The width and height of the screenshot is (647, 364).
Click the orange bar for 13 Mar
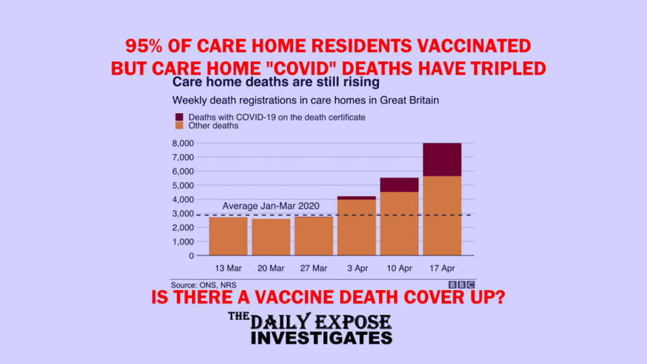[x=228, y=236]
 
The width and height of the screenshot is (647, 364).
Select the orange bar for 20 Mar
[x=271, y=237]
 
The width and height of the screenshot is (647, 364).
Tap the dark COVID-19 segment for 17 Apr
[x=442, y=160]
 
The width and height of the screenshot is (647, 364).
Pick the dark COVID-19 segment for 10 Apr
[x=399, y=185]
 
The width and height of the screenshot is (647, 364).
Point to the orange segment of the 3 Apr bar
[x=356, y=227]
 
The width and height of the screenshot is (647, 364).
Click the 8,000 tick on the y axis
[x=183, y=143]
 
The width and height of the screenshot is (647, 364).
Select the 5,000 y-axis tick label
[x=183, y=185]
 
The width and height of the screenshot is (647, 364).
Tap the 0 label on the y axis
[x=191, y=256]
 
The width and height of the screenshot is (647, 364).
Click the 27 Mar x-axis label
[x=313, y=268]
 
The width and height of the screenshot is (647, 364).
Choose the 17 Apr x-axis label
[x=442, y=268]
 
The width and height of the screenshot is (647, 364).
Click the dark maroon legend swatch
[x=179, y=117]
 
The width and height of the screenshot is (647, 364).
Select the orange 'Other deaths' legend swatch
[x=179, y=126]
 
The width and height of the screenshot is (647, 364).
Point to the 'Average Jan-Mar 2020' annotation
[x=270, y=206]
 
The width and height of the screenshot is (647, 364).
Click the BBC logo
[x=462, y=285]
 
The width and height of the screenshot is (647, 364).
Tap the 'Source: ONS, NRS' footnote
[x=203, y=285]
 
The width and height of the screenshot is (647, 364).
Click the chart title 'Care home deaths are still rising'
[x=275, y=82]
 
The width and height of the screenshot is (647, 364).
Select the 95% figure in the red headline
[x=144, y=45]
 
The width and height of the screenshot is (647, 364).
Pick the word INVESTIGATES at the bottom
[x=322, y=338]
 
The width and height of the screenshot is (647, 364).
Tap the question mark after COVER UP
[x=500, y=297]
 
